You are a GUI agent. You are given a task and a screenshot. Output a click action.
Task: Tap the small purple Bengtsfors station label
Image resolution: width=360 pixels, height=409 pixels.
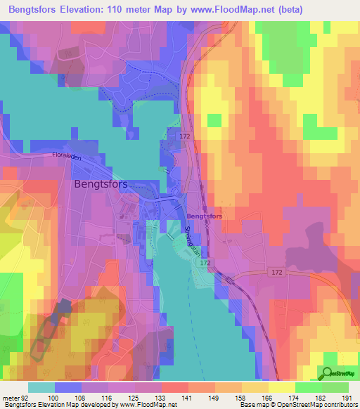pos(205,217)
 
